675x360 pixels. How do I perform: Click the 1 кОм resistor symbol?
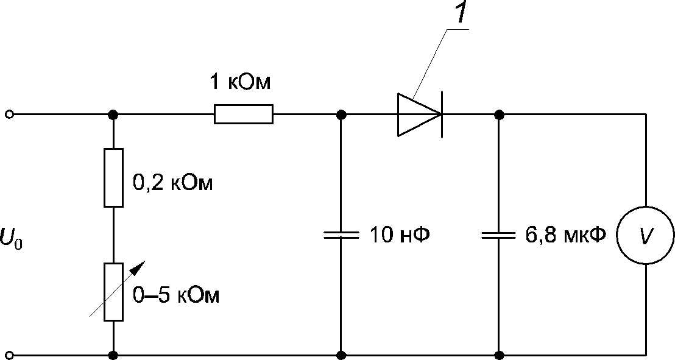pyautogui.click(x=243, y=114)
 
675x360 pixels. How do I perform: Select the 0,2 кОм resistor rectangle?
pyautogui.click(x=114, y=177)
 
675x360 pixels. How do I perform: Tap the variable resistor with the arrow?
pyautogui.click(x=114, y=292)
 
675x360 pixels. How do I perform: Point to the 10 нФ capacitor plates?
pyautogui.click(x=341, y=235)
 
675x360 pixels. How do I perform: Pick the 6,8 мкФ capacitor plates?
pyautogui.click(x=498, y=235)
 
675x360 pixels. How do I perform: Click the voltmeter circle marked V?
pyautogui.click(x=646, y=235)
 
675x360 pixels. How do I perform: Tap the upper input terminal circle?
pyautogui.click(x=10, y=115)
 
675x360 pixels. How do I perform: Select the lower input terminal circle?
pyautogui.click(x=10, y=355)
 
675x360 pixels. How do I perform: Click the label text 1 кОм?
pyautogui.click(x=240, y=82)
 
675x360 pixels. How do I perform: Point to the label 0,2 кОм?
pyautogui.click(x=172, y=183)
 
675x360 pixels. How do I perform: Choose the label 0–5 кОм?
pyautogui.click(x=175, y=296)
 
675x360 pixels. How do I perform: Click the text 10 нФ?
pyautogui.click(x=400, y=235)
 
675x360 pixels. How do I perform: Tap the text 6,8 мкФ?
pyautogui.click(x=566, y=235)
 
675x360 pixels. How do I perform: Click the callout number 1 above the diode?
pyautogui.click(x=461, y=12)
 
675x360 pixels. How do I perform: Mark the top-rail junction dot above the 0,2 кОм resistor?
pyautogui.click(x=114, y=115)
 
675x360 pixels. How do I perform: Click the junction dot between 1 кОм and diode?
pyautogui.click(x=341, y=115)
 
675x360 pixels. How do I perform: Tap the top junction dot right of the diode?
pyautogui.click(x=499, y=115)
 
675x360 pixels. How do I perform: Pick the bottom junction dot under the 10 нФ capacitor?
pyautogui.click(x=341, y=355)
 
